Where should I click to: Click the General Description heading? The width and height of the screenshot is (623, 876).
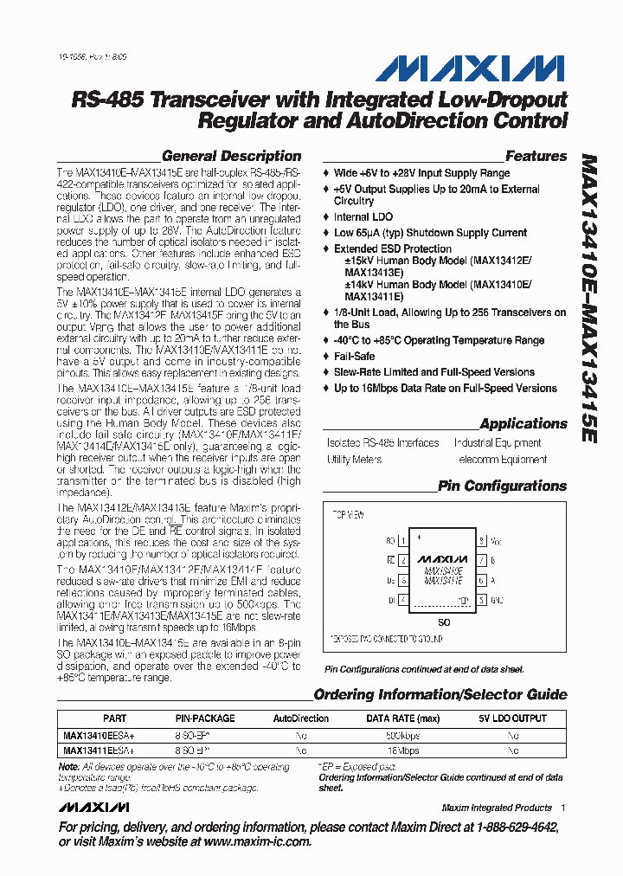tap(232, 157)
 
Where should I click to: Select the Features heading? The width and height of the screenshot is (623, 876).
tap(536, 157)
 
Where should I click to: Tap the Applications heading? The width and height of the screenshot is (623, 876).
tap(523, 424)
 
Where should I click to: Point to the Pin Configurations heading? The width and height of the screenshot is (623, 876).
tap(502, 486)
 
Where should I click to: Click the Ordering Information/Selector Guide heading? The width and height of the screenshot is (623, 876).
tap(440, 695)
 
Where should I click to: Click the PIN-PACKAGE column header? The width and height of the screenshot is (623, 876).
tap(205, 718)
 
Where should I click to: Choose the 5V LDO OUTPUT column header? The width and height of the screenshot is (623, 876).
tap(512, 718)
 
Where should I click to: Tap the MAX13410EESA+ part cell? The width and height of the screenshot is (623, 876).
tap(99, 734)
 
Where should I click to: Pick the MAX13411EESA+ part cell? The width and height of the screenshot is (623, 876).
tap(99, 750)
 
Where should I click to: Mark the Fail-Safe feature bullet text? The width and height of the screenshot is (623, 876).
tap(355, 356)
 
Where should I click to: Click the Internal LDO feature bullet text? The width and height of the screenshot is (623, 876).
tap(363, 217)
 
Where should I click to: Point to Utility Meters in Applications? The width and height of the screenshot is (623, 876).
tap(355, 460)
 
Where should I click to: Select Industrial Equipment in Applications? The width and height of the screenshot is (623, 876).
tap(498, 443)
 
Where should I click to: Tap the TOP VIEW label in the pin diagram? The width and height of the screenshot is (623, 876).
tap(349, 514)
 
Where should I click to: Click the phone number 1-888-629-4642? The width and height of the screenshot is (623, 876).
tap(514, 827)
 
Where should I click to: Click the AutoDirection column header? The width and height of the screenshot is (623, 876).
tap(301, 718)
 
